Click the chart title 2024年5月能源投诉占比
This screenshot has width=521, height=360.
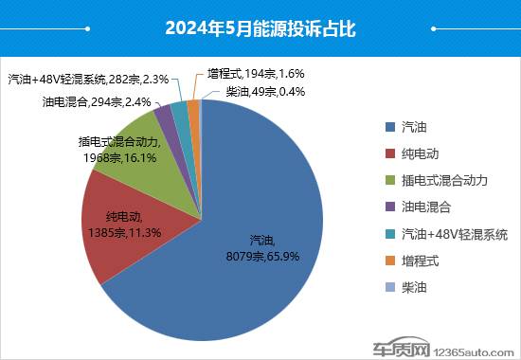260,29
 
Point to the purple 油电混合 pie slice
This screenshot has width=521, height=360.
165,116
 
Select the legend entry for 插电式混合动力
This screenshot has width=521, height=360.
437,179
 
